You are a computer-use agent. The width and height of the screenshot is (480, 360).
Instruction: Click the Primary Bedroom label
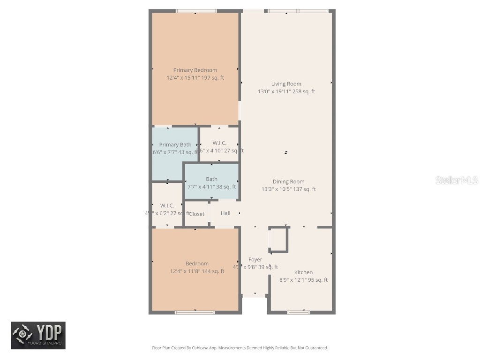(195, 70)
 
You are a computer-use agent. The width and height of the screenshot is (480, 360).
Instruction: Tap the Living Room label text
(286, 84)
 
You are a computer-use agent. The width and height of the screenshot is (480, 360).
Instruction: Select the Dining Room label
(288, 181)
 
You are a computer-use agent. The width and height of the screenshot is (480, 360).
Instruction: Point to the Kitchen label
(303, 272)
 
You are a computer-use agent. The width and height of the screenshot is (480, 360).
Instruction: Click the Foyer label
(255, 259)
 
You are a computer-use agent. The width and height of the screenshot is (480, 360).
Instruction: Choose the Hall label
(225, 213)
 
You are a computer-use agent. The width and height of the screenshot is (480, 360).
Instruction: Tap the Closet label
(197, 214)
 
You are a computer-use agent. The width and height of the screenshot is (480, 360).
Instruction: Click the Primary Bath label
(175, 145)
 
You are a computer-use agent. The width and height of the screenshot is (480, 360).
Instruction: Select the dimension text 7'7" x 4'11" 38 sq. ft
(211, 187)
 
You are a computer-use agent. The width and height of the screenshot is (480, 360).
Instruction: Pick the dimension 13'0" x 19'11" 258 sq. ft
(286, 91)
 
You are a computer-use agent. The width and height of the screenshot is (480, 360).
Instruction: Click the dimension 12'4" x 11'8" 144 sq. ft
(197, 271)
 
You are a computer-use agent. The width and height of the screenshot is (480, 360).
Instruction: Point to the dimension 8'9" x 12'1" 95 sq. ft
(303, 280)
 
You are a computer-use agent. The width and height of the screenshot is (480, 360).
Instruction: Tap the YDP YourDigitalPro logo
(38, 335)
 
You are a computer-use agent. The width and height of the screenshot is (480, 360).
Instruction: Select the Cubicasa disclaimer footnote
(240, 348)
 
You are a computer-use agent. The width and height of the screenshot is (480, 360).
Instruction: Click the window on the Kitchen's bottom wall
(299, 312)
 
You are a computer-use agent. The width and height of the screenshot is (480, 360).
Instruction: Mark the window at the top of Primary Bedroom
(196, 11)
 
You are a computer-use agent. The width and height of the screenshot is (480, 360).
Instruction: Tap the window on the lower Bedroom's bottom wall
(195, 312)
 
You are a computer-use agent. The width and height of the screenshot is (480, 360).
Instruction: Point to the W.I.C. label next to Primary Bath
(219, 143)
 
